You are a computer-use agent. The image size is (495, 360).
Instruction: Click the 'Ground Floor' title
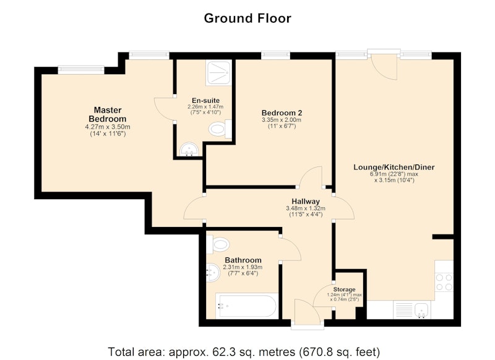point(247,19)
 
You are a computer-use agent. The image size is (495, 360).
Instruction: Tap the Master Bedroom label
point(108,114)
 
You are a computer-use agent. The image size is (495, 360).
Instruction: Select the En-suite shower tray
point(218,72)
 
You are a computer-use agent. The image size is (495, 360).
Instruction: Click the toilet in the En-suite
point(220,129)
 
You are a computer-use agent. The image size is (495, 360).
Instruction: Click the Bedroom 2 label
point(282,113)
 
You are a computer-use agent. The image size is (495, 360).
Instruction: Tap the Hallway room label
point(306,201)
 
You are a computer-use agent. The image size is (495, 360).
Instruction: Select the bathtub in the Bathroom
point(247,306)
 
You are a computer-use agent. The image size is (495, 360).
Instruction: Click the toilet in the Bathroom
point(218,244)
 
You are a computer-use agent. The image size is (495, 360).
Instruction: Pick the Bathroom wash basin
point(213,272)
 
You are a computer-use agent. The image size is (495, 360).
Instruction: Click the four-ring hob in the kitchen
point(444,283)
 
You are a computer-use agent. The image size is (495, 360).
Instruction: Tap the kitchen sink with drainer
point(412,309)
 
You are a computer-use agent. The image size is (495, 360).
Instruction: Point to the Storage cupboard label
point(345,289)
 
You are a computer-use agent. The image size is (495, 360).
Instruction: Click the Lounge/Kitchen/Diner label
point(394,167)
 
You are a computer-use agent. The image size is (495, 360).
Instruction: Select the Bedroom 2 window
point(275,56)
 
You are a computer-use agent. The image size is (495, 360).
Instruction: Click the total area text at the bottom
point(244,351)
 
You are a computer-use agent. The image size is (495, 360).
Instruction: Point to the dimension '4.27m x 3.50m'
point(108,127)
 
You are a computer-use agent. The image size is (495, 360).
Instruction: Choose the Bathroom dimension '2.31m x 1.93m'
point(243,267)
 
